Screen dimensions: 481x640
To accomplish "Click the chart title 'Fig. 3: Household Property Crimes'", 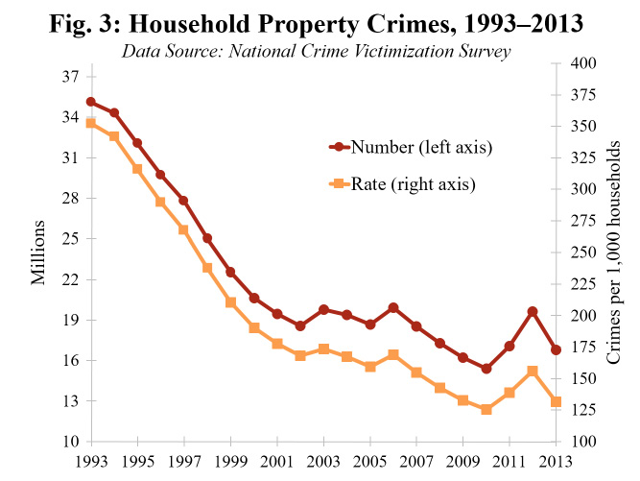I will tap(320, 22).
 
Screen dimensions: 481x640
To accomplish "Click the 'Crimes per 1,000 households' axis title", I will tap(614, 252).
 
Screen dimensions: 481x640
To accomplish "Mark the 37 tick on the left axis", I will tap(71, 77).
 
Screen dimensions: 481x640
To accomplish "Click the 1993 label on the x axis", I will tap(90, 458).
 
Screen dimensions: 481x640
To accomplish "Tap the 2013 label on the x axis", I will tap(556, 458).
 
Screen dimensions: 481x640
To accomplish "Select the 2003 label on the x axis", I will tap(323, 458).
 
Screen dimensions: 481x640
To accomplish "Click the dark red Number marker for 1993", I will tap(90, 102).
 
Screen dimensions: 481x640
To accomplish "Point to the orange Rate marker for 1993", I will tap(90, 123).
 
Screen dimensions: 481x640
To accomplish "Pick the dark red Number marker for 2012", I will tap(533, 312).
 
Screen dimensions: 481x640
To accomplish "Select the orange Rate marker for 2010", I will tap(486, 409).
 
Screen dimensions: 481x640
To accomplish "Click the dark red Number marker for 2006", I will tap(393, 307).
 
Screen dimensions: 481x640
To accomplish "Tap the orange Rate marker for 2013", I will tap(556, 402).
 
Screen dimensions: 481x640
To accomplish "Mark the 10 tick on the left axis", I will tap(71, 442).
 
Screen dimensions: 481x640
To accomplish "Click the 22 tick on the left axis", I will tap(71, 279).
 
